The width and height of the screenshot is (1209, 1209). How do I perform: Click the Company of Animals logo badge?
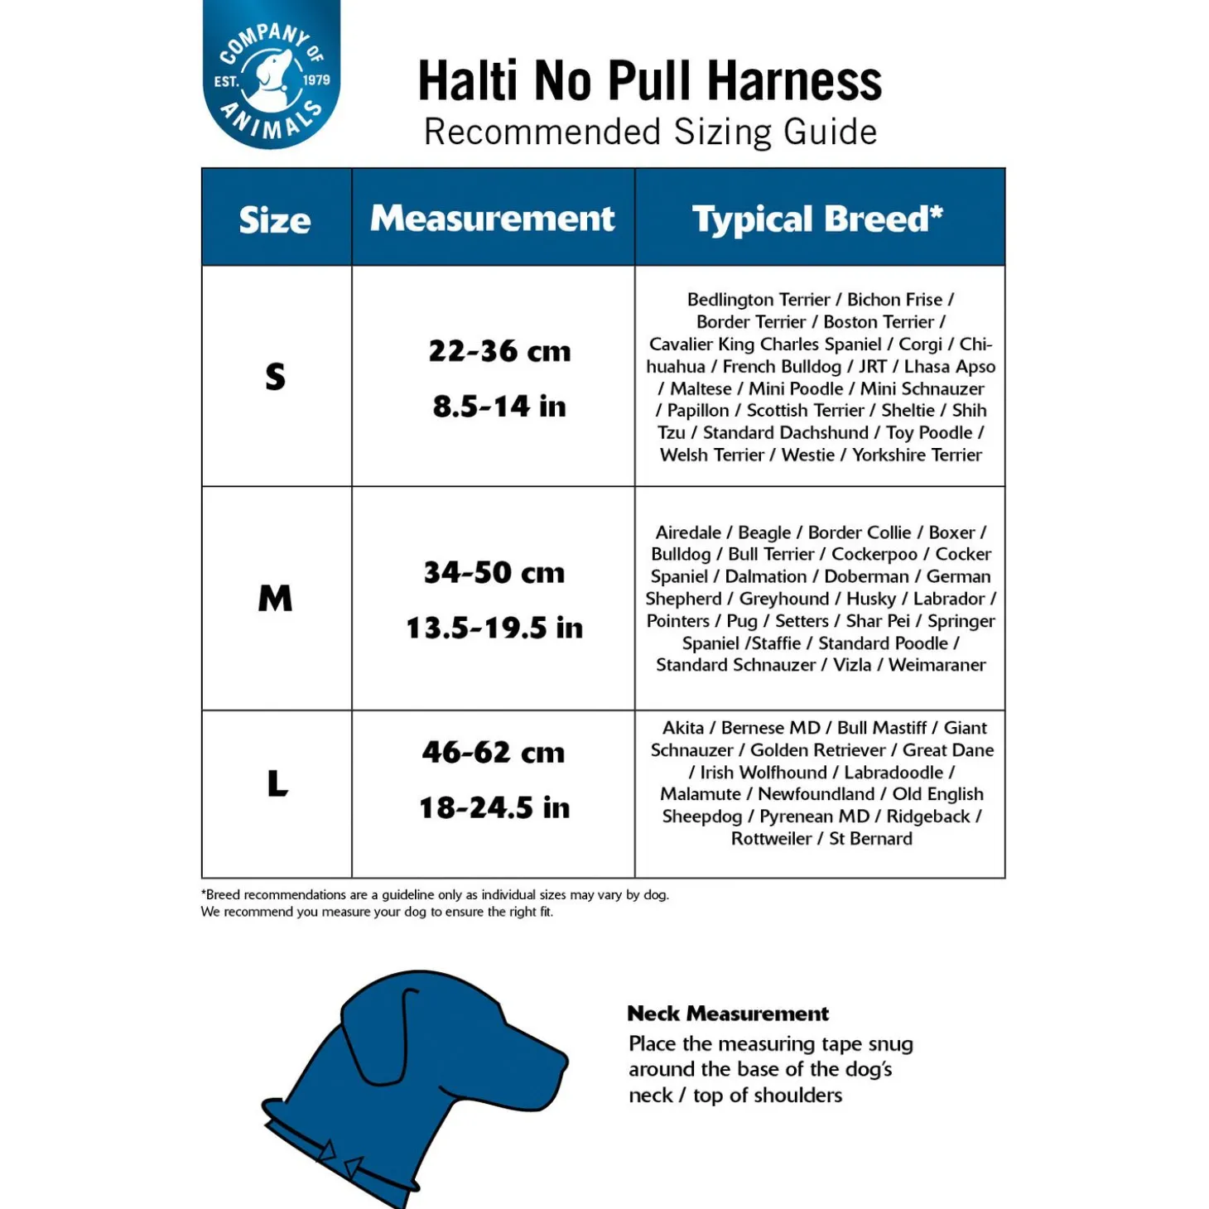tap(272, 75)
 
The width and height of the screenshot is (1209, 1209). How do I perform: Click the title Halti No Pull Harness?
tap(649, 81)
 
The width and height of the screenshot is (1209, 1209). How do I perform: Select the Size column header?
tap(275, 220)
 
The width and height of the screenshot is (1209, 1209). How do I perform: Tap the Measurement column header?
tap(493, 219)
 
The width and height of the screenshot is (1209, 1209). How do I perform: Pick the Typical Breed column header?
tap(817, 219)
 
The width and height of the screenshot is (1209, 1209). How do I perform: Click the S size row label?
tap(276, 377)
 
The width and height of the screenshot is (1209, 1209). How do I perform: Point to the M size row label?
tap(276, 598)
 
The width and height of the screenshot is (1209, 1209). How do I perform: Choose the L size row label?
tap(277, 783)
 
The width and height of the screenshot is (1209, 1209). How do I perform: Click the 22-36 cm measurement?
tap(499, 351)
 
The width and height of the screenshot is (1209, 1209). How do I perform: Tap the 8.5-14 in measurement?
tap(499, 407)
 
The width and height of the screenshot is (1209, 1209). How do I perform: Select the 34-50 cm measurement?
tap(494, 572)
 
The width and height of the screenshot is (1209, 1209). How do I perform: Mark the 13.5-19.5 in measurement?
tap(494, 628)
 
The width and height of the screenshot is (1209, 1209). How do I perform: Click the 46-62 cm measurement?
tap(494, 752)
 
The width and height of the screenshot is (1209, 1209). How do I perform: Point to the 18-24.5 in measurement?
tap(494, 807)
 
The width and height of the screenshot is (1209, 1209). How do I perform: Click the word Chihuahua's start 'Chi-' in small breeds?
tap(975, 344)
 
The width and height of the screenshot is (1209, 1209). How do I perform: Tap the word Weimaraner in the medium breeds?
tap(937, 665)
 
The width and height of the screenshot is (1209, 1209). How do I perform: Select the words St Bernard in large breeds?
tap(870, 839)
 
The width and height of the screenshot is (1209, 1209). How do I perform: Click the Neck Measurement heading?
tap(728, 1014)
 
